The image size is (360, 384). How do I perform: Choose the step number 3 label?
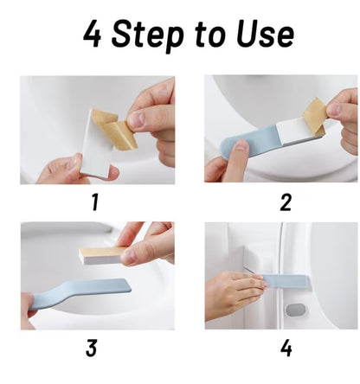93,349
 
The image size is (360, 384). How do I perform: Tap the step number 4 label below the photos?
286,349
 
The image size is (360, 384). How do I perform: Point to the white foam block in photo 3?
102,254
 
